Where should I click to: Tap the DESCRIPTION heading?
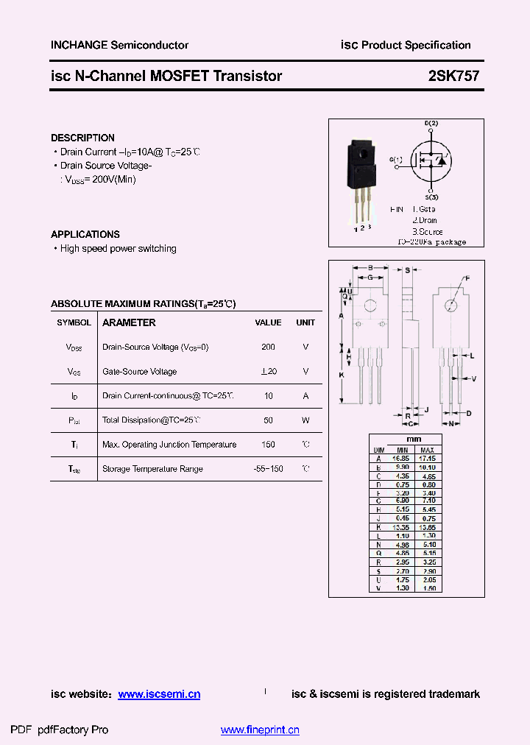(82, 138)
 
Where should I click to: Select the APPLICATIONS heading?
(85, 234)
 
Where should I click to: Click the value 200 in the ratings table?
(268, 347)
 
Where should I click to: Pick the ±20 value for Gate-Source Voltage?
(268, 372)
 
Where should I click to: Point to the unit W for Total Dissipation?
(305, 420)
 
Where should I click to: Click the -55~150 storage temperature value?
(268, 469)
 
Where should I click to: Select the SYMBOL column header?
(74, 322)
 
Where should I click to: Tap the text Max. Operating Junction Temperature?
(169, 445)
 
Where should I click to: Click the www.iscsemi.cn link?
(159, 694)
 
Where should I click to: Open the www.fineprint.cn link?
(260, 730)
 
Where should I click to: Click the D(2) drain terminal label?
(431, 123)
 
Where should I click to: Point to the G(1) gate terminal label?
(396, 160)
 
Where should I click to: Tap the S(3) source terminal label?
(431, 197)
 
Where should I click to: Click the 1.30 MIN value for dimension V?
(402, 588)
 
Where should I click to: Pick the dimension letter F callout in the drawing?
(466, 278)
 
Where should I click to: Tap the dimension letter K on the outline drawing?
(341, 375)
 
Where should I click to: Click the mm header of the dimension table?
(414, 439)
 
